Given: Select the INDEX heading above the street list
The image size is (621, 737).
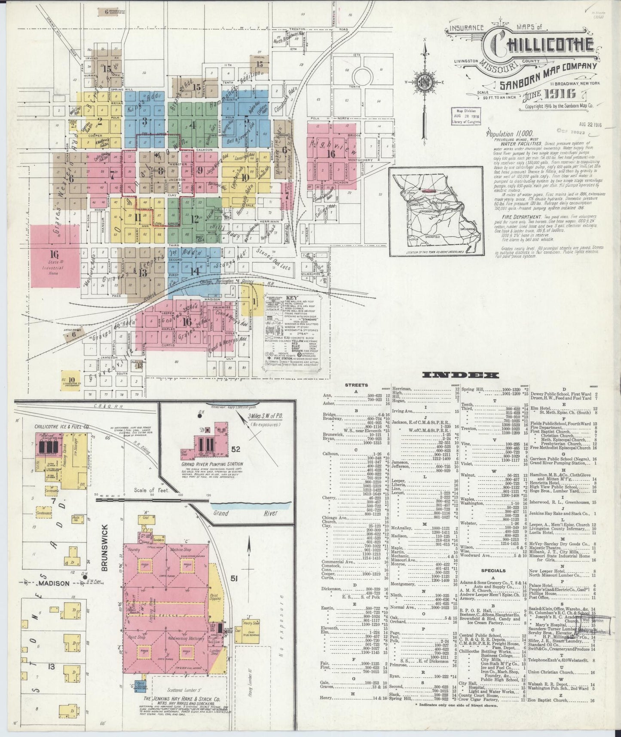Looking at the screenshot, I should tap(460, 375).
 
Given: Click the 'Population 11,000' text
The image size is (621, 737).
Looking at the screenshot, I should tap(509, 134).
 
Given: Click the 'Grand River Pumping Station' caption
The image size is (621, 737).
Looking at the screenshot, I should tap(212, 464).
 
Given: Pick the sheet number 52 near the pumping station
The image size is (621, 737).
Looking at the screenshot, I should tap(236, 449).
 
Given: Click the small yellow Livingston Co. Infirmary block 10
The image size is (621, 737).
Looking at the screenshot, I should tap(71, 381).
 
